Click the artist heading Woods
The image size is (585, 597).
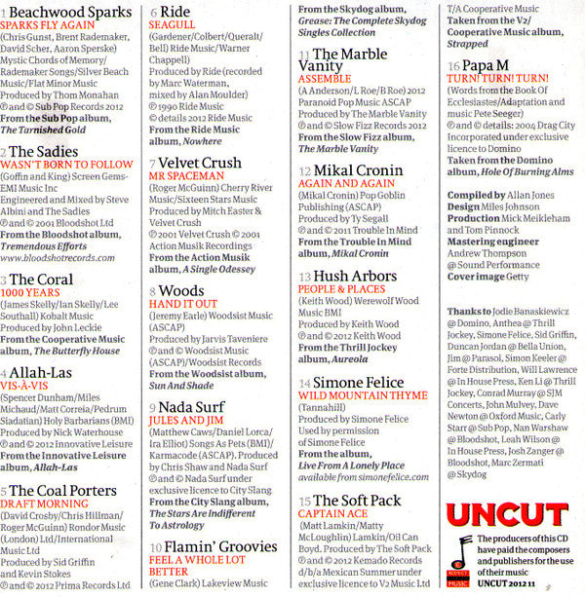181,291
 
